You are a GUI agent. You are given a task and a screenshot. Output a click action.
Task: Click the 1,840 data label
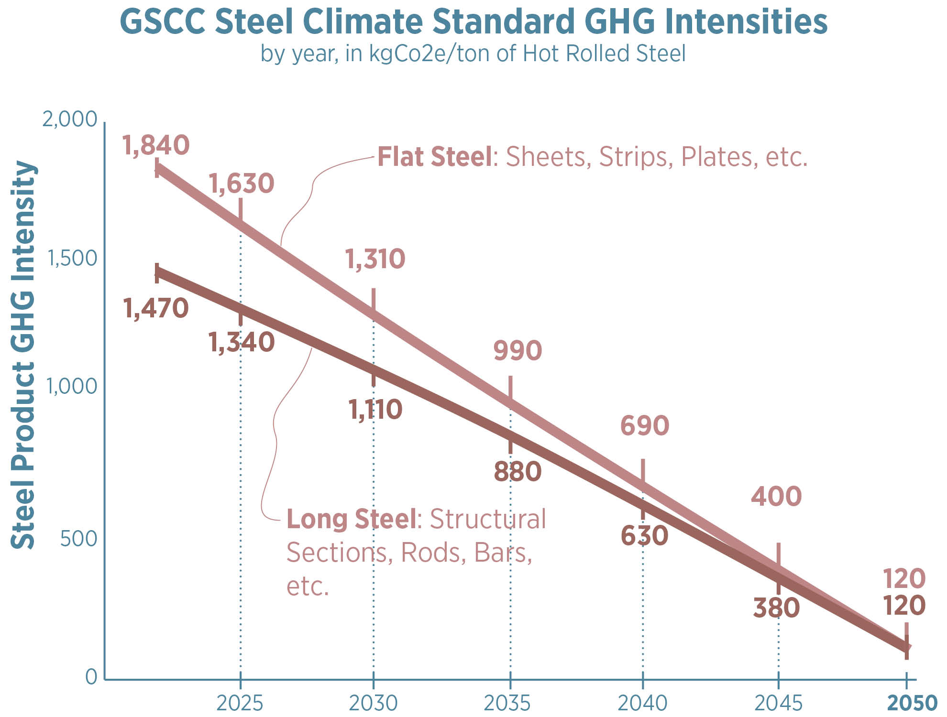click(x=156, y=145)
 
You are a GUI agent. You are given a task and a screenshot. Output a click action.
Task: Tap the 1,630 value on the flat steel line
click(x=242, y=184)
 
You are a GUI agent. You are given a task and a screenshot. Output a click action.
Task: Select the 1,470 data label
click(x=156, y=308)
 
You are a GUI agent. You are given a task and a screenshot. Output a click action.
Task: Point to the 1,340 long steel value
click(x=242, y=342)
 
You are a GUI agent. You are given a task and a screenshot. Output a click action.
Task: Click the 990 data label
click(x=518, y=350)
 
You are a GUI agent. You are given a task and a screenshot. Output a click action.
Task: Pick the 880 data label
click(x=518, y=472)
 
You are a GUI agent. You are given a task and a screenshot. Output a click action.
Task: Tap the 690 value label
click(x=644, y=425)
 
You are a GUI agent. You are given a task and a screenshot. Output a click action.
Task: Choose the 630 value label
click(x=644, y=535)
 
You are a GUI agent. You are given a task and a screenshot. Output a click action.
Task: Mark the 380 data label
click(x=776, y=608)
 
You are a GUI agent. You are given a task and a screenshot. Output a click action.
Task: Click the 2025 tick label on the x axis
click(x=240, y=703)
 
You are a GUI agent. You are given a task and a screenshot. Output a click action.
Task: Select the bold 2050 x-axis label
click(x=912, y=703)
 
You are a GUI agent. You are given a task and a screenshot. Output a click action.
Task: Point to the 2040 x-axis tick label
click(x=642, y=703)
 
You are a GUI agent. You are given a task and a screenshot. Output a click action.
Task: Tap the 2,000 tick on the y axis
click(x=70, y=119)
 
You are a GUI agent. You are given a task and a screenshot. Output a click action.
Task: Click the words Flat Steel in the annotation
click(x=434, y=157)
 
